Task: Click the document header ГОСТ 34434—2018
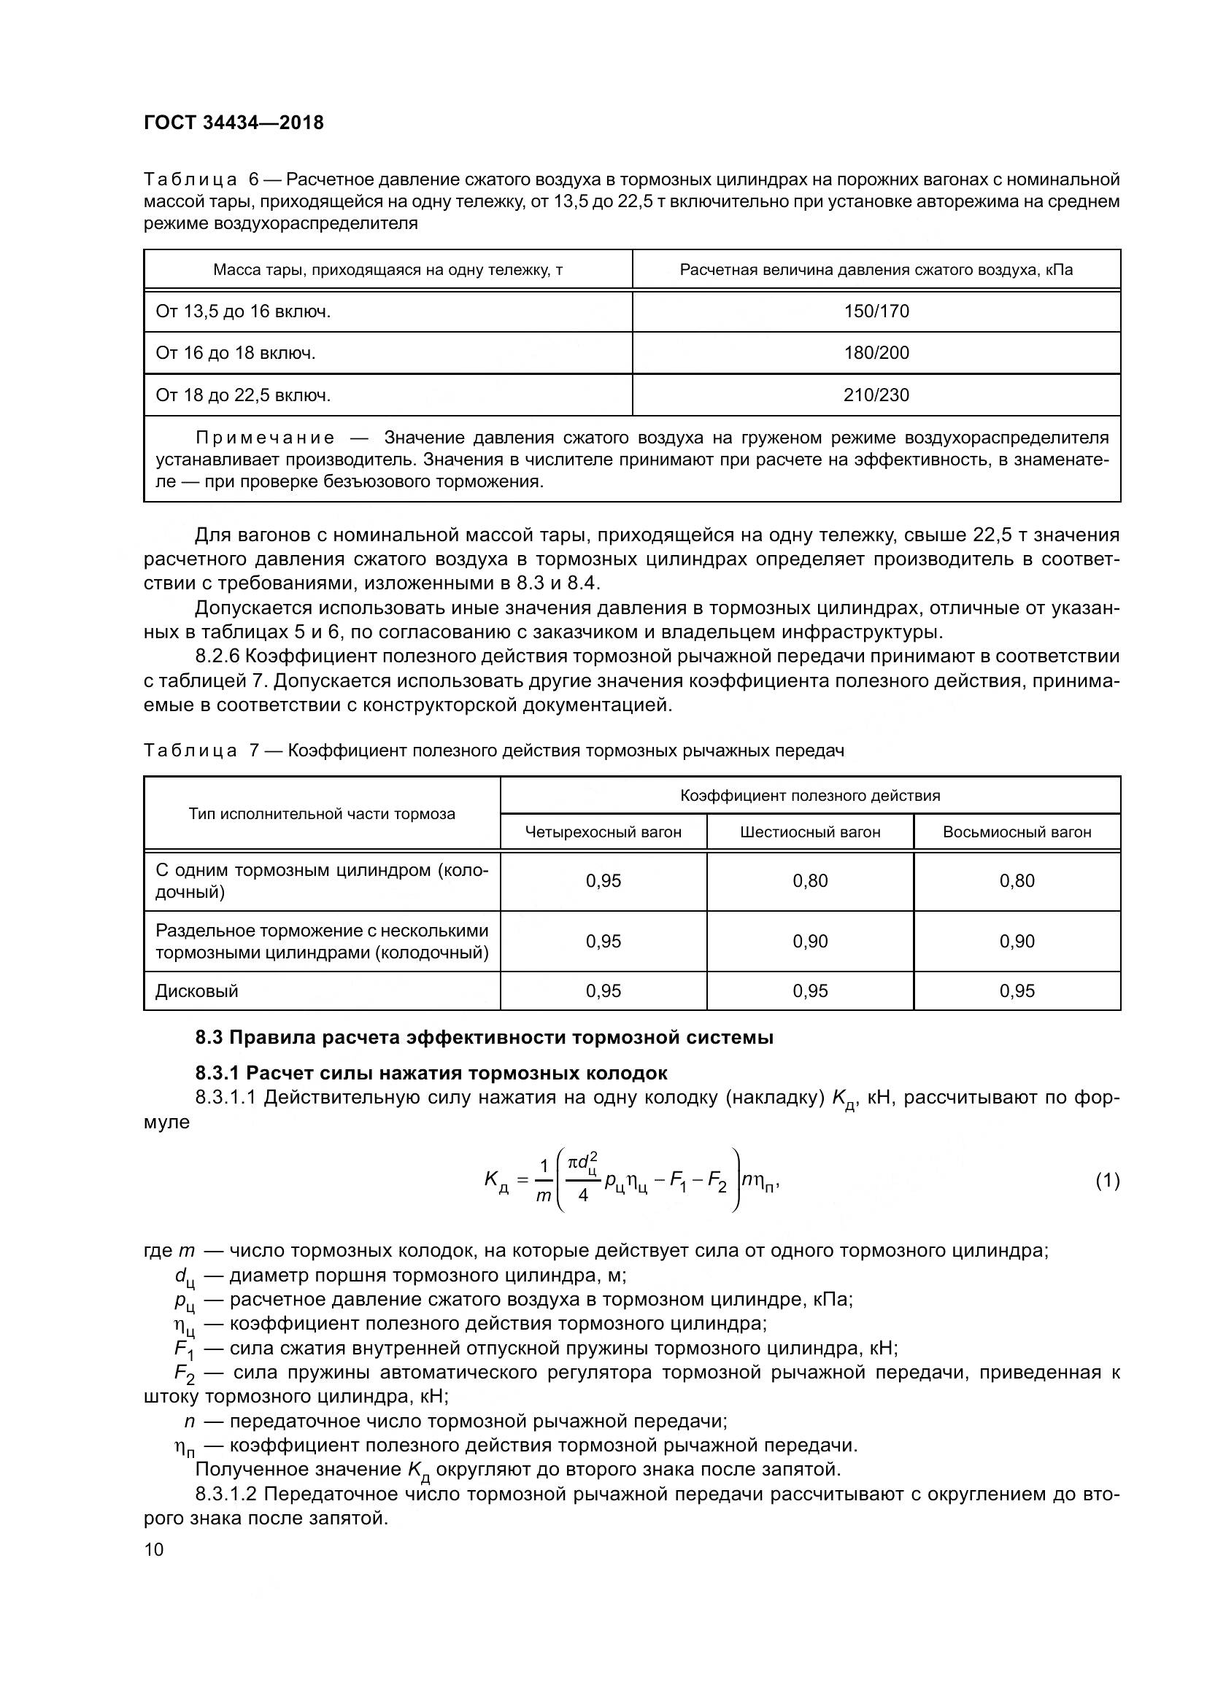234,123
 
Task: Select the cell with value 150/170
876,311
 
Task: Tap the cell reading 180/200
876,353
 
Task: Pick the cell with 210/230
876,395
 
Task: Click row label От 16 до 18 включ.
236,353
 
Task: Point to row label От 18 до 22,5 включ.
243,395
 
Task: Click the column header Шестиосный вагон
810,832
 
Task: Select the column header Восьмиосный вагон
1017,832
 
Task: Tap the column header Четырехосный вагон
603,832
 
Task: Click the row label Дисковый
197,991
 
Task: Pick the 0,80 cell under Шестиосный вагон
810,881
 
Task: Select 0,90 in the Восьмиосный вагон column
1017,942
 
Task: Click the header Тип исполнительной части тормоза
322,814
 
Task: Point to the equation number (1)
1108,1181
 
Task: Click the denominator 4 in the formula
584,1195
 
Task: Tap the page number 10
154,1549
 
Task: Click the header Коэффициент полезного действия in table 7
810,796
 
